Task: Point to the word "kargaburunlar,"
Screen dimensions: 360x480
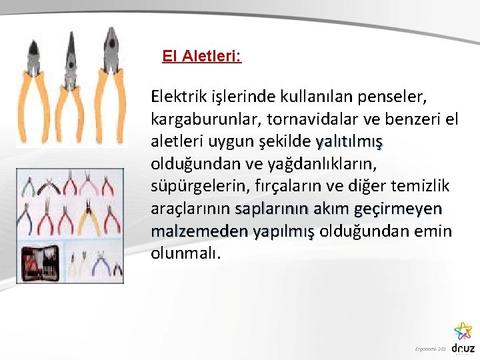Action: (199, 120)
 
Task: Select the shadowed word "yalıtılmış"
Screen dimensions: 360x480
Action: (349, 142)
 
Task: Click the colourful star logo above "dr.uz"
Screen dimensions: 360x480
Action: (463, 331)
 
